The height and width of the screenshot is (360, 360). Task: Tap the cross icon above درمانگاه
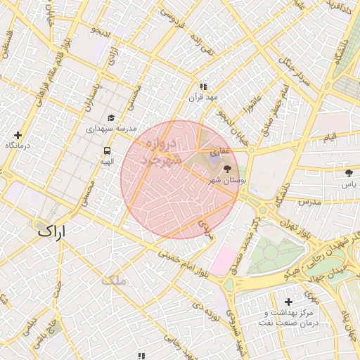coord(18,135)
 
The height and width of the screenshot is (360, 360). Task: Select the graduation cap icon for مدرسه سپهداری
coord(111,118)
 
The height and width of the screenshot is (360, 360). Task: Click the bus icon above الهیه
coord(107,150)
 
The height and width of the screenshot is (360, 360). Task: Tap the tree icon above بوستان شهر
coord(226,169)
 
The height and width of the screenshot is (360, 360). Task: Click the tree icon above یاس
coord(349,172)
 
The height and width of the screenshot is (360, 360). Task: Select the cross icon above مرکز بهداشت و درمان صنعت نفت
coord(288,302)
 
